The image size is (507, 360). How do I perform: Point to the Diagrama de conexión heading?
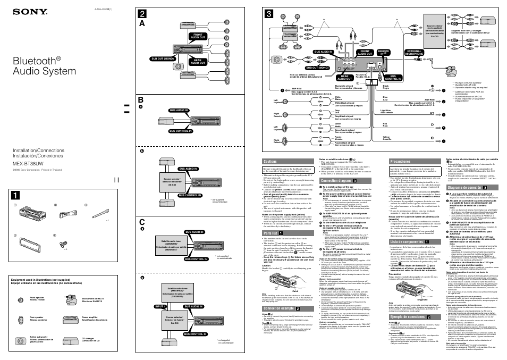point(468,187)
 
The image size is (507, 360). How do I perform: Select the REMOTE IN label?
point(383,52)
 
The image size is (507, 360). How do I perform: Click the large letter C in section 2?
point(142,222)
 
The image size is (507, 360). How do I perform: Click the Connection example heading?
point(281,308)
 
